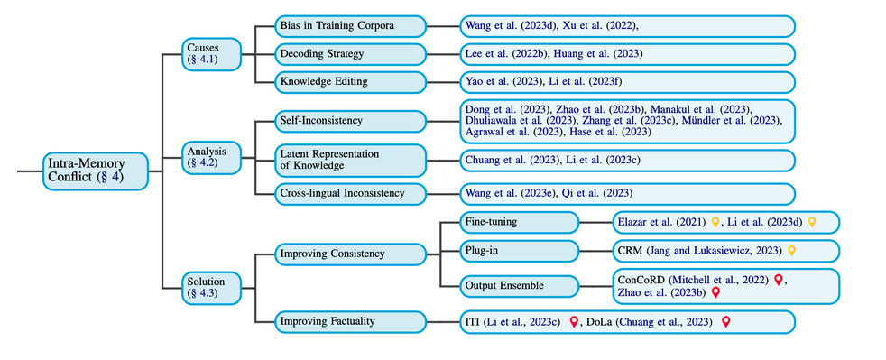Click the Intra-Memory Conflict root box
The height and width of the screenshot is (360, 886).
pyautogui.click(x=96, y=171)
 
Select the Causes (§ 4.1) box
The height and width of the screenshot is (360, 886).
pyautogui.click(x=211, y=54)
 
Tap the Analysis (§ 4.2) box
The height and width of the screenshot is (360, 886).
pyautogui.click(x=211, y=158)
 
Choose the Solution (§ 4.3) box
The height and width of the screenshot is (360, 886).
pyautogui.click(x=211, y=287)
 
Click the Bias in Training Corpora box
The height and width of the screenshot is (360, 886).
pyautogui.click(x=350, y=26)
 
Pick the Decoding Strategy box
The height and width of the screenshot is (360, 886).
pyautogui.click(x=350, y=54)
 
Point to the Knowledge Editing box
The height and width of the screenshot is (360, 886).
pyautogui.click(x=350, y=82)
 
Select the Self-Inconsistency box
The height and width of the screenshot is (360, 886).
pyautogui.click(x=350, y=121)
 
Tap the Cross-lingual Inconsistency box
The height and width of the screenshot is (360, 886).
pyautogui.click(x=350, y=193)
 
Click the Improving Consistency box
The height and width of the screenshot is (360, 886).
pyautogui.click(x=350, y=254)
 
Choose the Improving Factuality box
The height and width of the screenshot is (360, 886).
pyautogui.click(x=350, y=321)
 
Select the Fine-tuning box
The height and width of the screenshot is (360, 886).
pyautogui.click(x=520, y=222)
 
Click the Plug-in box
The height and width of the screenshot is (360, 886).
pyautogui.click(x=520, y=250)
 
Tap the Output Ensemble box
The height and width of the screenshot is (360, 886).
pyautogui.click(x=520, y=286)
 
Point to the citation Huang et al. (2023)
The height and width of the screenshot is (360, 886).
pyautogui.click(x=598, y=54)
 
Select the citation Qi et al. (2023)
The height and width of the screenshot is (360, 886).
pyautogui.click(x=597, y=193)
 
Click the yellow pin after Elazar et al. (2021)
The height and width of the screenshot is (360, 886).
pyautogui.click(x=715, y=222)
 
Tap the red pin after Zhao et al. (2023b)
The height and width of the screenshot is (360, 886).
pyautogui.click(x=715, y=292)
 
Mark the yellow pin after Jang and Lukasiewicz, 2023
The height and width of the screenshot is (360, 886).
pyautogui.click(x=791, y=250)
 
